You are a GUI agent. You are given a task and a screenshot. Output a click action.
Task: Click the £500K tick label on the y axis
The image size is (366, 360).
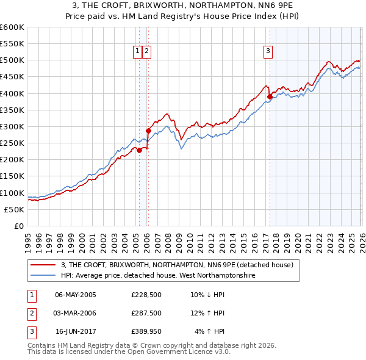click(x=12, y=60)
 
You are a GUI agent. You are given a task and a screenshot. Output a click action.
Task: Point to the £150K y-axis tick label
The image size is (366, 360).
click(x=12, y=176)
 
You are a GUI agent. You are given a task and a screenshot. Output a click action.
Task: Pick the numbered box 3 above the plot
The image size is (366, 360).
click(x=268, y=52)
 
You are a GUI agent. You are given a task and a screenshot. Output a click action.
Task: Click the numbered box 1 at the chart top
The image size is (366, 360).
click(x=138, y=52)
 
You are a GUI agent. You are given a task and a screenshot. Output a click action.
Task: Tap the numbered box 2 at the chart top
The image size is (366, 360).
click(x=147, y=52)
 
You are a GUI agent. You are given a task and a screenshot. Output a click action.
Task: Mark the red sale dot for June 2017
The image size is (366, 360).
click(x=270, y=96)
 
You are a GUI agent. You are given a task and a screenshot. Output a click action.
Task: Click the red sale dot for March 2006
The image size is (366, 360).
click(x=148, y=131)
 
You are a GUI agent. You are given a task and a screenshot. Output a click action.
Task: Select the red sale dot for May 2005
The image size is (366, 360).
click(x=139, y=150)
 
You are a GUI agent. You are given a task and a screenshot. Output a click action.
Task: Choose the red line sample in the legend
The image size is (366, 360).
click(x=43, y=265)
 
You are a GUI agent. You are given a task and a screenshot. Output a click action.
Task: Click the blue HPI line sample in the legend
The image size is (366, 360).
click(x=43, y=276)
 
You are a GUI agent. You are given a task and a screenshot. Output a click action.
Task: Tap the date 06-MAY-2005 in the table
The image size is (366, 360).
click(x=76, y=294)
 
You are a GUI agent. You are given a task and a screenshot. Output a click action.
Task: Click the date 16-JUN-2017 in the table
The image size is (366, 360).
click(x=76, y=332)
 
